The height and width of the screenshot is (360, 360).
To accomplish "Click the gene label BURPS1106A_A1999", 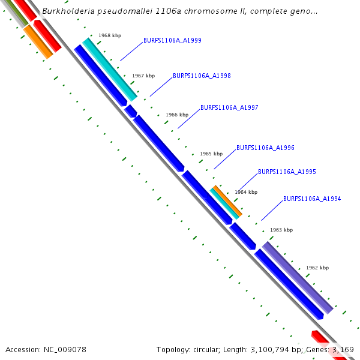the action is click(172, 41).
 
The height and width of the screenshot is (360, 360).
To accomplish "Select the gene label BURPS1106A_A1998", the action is click(202, 76).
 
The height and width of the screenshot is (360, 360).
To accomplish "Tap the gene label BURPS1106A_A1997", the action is click(229, 108).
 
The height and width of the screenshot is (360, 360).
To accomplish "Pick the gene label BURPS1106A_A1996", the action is click(265, 148).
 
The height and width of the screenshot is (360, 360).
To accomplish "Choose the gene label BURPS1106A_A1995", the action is click(287, 172).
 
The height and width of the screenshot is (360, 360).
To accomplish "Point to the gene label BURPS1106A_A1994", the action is click(312, 199).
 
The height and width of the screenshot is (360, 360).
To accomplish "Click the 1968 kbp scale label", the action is click(110, 36).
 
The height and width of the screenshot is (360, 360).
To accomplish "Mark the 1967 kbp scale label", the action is click(143, 76).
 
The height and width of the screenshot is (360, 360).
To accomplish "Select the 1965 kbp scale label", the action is click(211, 154).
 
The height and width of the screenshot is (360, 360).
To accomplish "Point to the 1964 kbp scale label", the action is click(246, 192).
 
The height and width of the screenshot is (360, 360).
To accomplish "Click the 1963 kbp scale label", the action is click(281, 230).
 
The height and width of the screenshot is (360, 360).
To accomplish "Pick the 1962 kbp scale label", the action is click(317, 268).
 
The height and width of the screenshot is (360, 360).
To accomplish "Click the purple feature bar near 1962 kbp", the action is click(297, 277).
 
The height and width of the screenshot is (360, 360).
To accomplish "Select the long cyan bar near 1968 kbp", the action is click(110, 69).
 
